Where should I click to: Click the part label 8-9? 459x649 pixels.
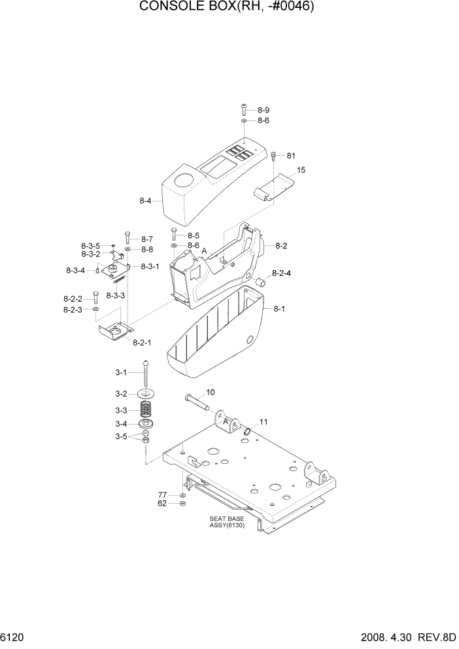pyautogui.click(x=263, y=110)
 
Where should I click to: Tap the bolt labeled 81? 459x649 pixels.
pyautogui.click(x=274, y=156)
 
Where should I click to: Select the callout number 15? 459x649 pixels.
pyautogui.click(x=301, y=170)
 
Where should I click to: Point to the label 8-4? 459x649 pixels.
pyautogui.click(x=146, y=202)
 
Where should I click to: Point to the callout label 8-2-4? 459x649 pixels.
pyautogui.click(x=282, y=273)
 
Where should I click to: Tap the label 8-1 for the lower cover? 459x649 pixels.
pyautogui.click(x=279, y=308)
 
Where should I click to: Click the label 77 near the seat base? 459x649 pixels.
pyautogui.click(x=161, y=495)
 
